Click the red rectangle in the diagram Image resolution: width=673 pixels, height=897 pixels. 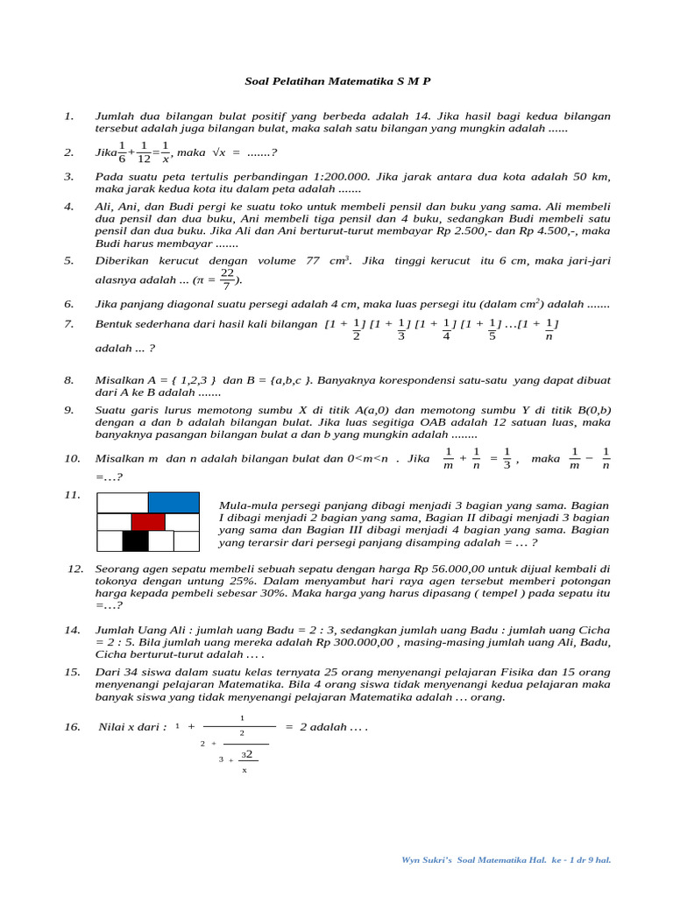(148, 522)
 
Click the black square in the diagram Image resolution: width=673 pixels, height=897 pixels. (135, 541)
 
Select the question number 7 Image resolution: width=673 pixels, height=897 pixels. (69, 325)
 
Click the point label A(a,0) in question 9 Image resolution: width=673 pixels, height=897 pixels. (398, 410)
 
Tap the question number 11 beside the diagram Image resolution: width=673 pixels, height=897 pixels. (72, 496)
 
